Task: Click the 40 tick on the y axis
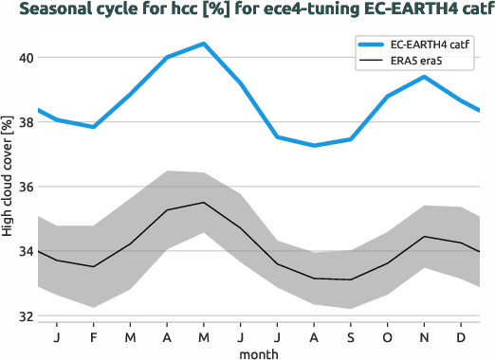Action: (26, 58)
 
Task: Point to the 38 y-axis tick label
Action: (26, 122)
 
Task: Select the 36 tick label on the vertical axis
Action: (26, 187)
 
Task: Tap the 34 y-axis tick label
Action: (26, 252)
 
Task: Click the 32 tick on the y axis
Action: (26, 316)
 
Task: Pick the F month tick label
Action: (94, 337)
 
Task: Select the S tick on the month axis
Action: (350, 337)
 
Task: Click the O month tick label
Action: (387, 337)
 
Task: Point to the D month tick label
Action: (460, 337)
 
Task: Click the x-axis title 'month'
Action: (258, 352)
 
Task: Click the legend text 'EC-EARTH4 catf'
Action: (431, 45)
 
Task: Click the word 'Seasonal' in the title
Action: (54, 10)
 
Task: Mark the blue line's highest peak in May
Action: (204, 44)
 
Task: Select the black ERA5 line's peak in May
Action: (204, 203)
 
